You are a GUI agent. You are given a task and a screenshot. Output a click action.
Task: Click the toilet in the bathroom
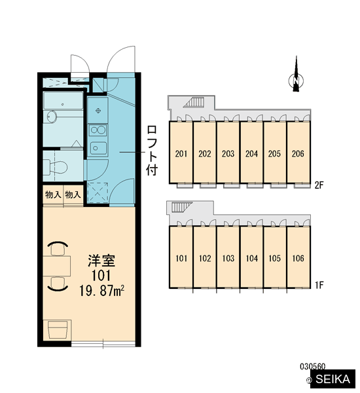[x=56, y=166]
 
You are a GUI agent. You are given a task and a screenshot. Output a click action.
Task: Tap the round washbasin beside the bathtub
[x=52, y=117]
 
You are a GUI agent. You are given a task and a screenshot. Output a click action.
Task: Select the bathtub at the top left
[x=63, y=100]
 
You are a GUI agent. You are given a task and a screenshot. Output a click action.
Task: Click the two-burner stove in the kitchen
[x=98, y=130]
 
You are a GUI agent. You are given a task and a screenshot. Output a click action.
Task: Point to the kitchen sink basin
[x=98, y=148]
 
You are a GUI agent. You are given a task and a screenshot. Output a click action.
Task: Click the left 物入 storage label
[x=53, y=195]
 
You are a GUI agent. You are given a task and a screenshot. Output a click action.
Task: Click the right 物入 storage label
[x=73, y=195]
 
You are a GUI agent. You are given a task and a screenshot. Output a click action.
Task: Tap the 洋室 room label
[x=101, y=261]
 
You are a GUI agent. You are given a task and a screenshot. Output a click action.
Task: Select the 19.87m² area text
[x=102, y=291]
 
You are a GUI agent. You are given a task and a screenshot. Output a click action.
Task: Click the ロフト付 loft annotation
[x=152, y=151]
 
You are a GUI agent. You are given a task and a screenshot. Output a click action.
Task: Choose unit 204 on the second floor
[x=251, y=153]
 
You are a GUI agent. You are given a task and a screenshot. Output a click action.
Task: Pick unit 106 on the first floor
[x=298, y=257]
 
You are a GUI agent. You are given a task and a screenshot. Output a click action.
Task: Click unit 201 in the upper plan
[x=181, y=153]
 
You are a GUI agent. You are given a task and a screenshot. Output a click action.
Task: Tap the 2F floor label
[x=319, y=185]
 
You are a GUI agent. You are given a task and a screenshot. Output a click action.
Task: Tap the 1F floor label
[x=319, y=285]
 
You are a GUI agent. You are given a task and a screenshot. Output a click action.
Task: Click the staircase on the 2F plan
[x=194, y=103]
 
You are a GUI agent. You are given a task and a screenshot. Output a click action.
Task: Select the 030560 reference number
[x=313, y=366]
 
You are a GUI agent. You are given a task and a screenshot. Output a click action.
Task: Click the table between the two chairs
[x=56, y=266]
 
